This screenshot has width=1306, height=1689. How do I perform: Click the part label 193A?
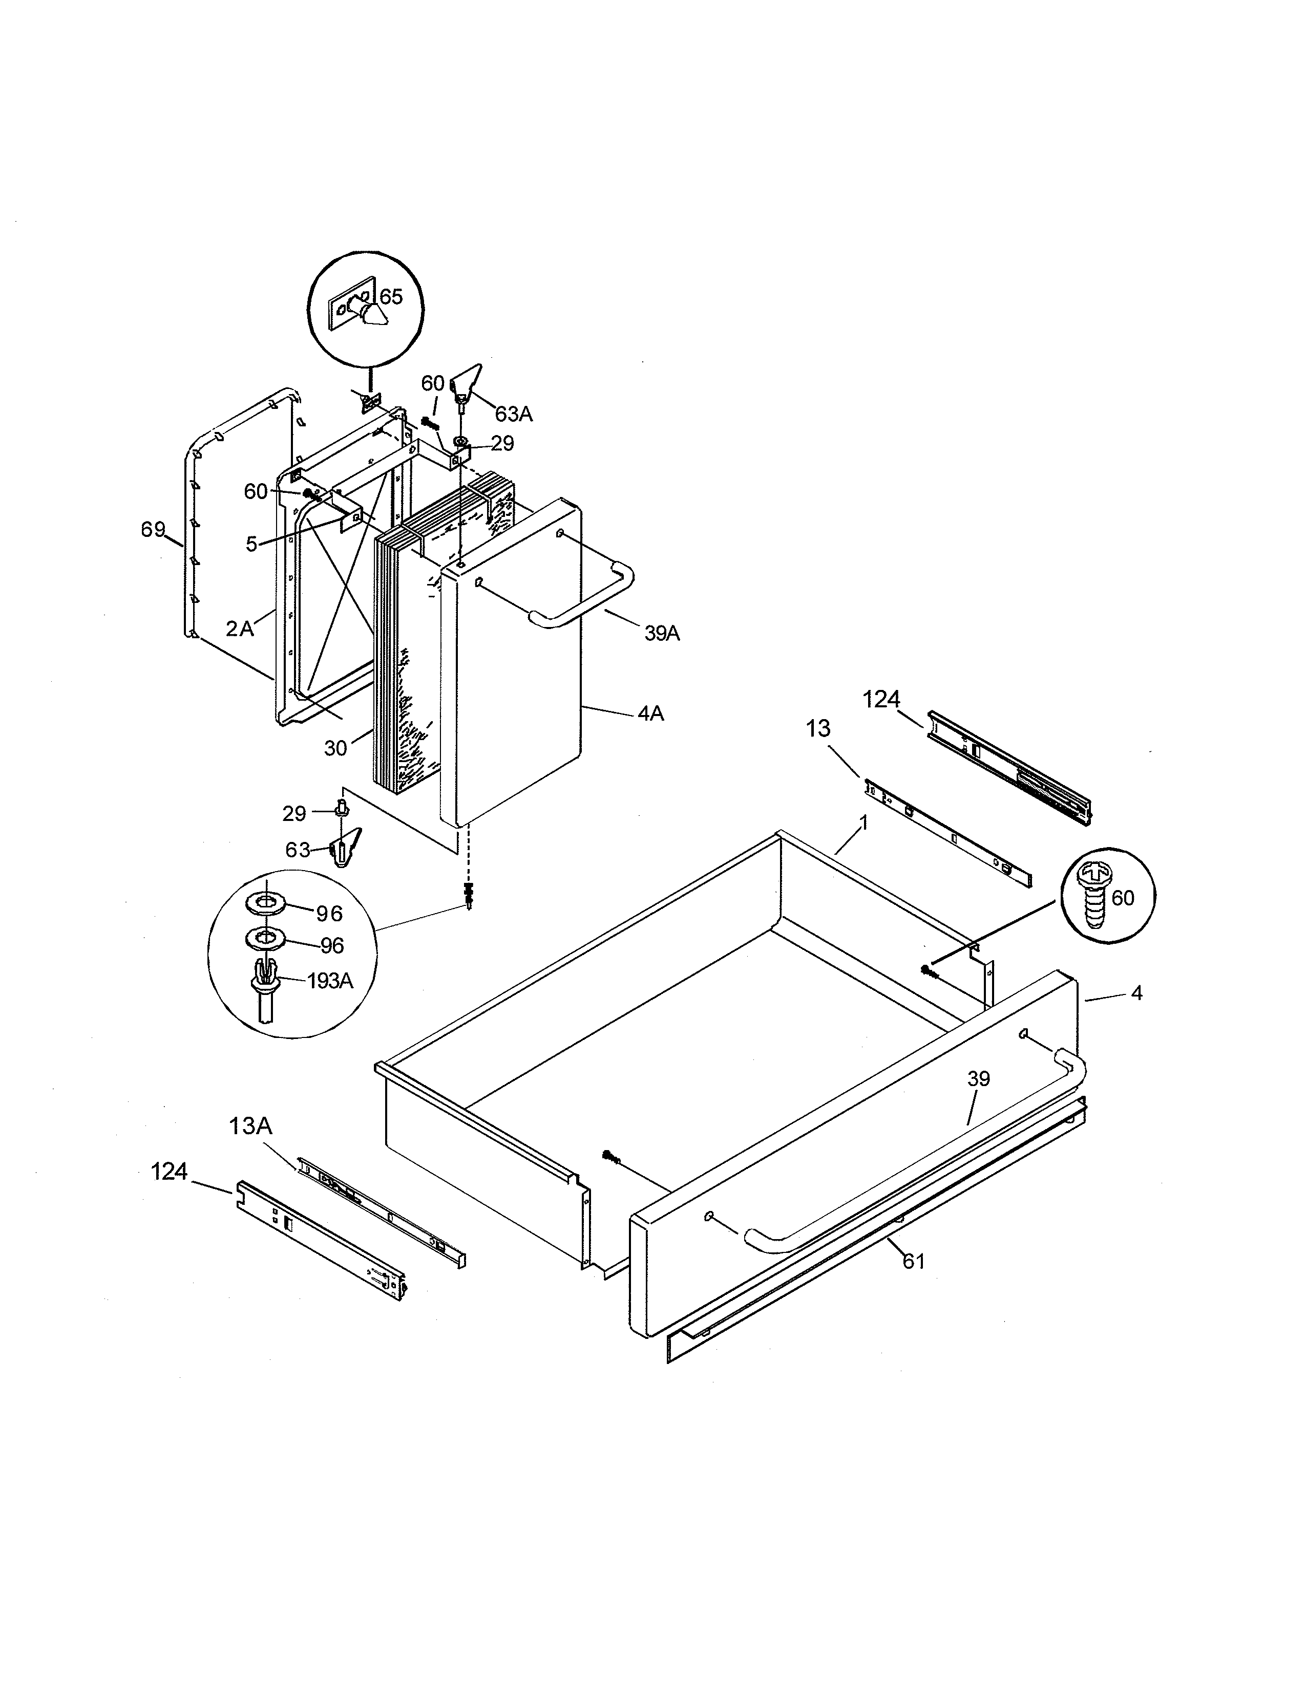pyautogui.click(x=330, y=981)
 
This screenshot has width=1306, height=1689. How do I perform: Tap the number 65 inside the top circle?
pyautogui.click(x=391, y=297)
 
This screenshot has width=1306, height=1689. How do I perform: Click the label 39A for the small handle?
pyautogui.click(x=662, y=634)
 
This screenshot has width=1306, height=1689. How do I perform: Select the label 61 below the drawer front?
pyautogui.click(x=914, y=1261)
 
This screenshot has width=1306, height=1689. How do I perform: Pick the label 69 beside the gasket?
pyautogui.click(x=153, y=530)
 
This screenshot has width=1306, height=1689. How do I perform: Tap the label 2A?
pyautogui.click(x=240, y=629)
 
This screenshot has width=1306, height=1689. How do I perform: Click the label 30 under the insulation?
pyautogui.click(x=335, y=748)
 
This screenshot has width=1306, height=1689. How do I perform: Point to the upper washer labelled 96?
pyautogui.click(x=265, y=902)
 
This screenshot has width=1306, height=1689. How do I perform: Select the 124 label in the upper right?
pyautogui.click(x=881, y=699)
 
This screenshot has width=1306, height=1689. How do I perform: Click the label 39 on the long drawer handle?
pyautogui.click(x=979, y=1079)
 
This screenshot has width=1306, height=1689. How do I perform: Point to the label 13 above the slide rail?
pyautogui.click(x=818, y=728)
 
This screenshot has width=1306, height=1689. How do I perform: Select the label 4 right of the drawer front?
pyautogui.click(x=1136, y=993)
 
